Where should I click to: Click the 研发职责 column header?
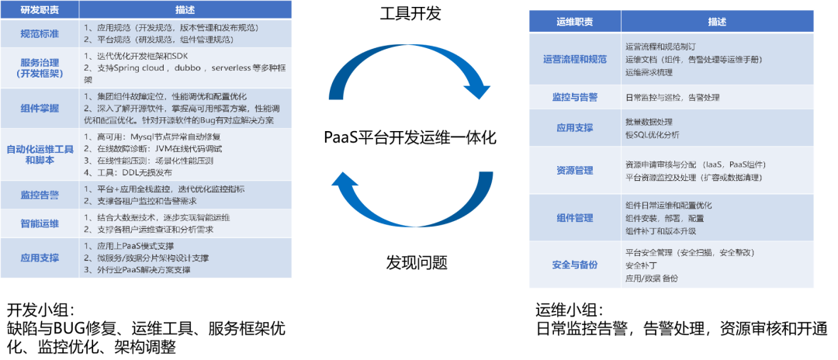click(40, 10)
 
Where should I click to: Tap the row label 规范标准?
click(40, 33)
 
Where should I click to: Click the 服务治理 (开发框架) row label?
click(40, 67)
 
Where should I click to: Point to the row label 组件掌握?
click(40, 108)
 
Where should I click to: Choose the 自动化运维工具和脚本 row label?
click(40, 154)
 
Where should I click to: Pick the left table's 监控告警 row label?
click(40, 195)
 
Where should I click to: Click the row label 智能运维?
click(40, 223)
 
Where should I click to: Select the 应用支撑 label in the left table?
click(40, 258)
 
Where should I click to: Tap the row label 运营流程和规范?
click(575, 59)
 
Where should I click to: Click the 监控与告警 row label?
click(575, 97)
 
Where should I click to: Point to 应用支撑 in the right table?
click(575, 128)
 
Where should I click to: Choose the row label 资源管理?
click(575, 171)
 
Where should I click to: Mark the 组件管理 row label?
click(575, 218)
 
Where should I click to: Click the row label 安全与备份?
click(575, 265)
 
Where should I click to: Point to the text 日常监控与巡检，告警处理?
click(672, 97)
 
